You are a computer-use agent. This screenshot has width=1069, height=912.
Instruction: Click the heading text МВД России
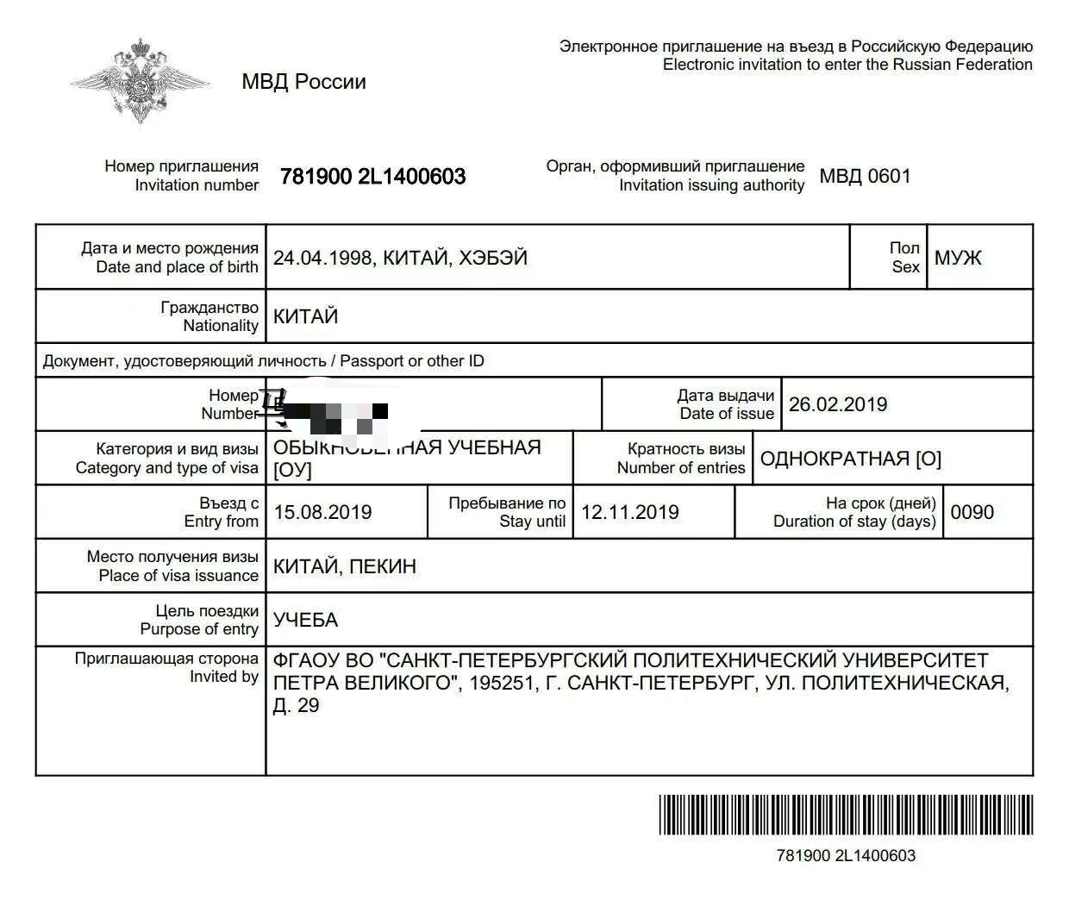point(303,82)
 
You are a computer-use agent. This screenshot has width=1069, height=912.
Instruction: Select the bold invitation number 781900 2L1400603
point(372,177)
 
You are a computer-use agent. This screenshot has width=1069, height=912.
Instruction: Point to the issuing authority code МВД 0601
point(865,177)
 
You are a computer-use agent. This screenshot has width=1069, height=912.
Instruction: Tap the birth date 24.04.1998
point(322,258)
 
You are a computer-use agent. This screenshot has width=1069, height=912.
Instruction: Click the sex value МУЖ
point(958,258)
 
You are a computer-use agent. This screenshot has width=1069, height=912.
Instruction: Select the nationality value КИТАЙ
point(305,316)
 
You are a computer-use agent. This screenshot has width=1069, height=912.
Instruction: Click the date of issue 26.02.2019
point(837,404)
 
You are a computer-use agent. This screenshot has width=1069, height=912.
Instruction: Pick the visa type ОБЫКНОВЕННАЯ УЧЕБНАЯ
point(407,447)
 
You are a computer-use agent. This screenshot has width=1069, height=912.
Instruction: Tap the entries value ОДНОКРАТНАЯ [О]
point(850,459)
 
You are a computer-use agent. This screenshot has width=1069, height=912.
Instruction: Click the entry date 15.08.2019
point(322,512)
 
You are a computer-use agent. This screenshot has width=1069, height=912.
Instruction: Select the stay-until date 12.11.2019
point(630,512)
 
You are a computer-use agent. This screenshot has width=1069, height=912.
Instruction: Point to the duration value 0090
point(972,512)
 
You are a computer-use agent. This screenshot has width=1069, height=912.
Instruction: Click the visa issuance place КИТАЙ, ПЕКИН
point(345,566)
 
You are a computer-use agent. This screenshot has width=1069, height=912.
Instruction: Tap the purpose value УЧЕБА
point(305,620)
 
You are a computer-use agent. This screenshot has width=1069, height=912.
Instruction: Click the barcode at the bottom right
point(846,815)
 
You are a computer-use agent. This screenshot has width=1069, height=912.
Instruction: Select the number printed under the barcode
point(846,856)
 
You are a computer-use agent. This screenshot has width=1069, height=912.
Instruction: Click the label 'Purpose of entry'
point(199,629)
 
